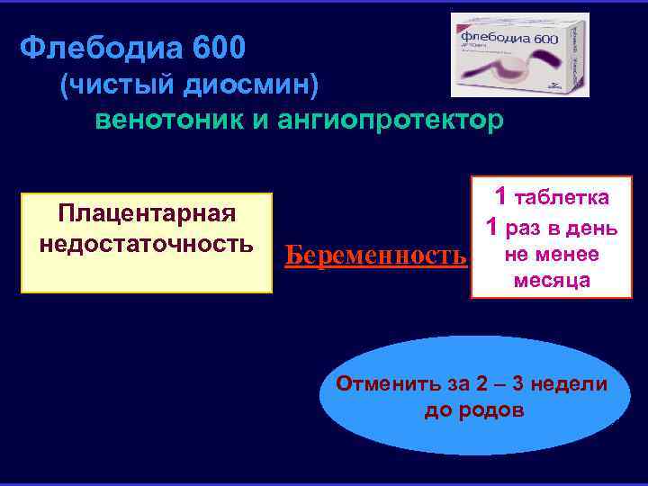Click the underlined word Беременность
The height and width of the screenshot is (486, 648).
(376, 256)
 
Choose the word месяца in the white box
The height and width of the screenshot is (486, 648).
(553, 280)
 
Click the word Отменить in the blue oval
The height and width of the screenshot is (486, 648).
(384, 384)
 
